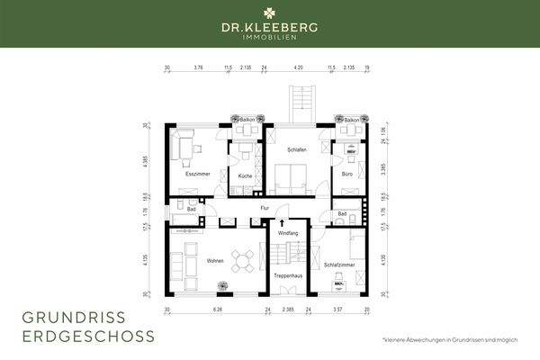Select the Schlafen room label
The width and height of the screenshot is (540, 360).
click(296, 150)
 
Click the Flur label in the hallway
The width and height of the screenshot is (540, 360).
click(265, 208)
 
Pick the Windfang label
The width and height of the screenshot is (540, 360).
click(287, 233)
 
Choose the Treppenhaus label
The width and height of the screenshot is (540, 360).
click(288, 274)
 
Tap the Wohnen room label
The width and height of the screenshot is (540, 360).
click(214, 261)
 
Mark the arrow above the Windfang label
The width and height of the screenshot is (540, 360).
click(282, 222)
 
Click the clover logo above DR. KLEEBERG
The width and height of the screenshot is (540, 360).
click(270, 13)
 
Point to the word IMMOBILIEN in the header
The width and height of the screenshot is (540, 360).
click(270, 37)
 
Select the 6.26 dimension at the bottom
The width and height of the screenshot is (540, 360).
click(216, 309)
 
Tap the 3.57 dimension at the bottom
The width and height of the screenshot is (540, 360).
click(337, 309)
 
